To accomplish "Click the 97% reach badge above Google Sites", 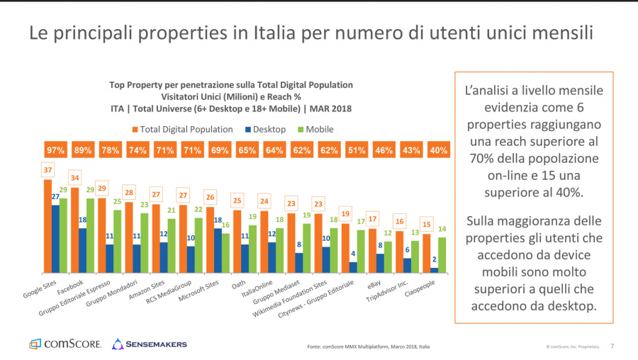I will [55, 150].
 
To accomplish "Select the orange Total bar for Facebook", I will [74, 230].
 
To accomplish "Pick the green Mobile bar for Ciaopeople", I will [443, 254].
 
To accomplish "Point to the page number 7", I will [612, 346].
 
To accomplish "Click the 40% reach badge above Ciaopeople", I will [438, 150].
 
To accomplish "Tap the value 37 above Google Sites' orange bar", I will [47, 170].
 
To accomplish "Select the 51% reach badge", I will [357, 150].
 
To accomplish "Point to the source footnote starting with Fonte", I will [368, 347].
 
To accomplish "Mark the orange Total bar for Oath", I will [237, 241].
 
